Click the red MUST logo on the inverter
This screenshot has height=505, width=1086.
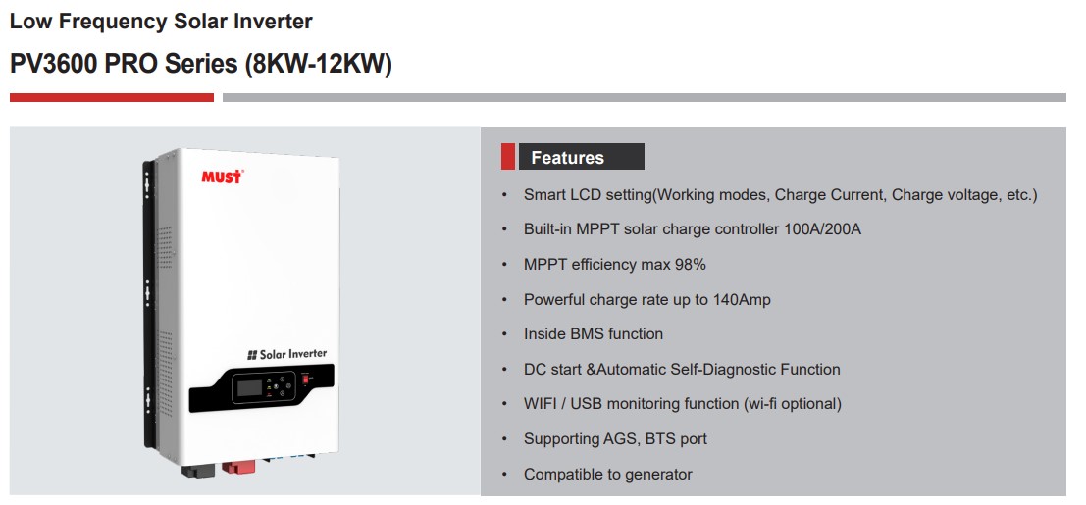point(223,177)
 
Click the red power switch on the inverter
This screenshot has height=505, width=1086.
point(305,379)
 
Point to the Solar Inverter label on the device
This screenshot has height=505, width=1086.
point(286,354)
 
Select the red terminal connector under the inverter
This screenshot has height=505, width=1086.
point(237,467)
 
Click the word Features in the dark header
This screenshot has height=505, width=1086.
point(568,158)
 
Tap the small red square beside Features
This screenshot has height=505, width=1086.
point(507,157)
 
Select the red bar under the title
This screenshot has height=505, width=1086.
point(112,98)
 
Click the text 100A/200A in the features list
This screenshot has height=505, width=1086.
point(823,229)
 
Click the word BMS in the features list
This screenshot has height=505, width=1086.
point(588,334)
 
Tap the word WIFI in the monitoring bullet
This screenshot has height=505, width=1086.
point(543,404)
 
